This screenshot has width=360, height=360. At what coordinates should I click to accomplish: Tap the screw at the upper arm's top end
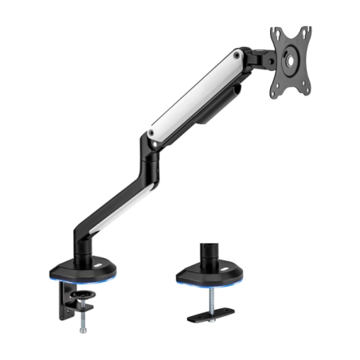(x=237, y=57)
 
